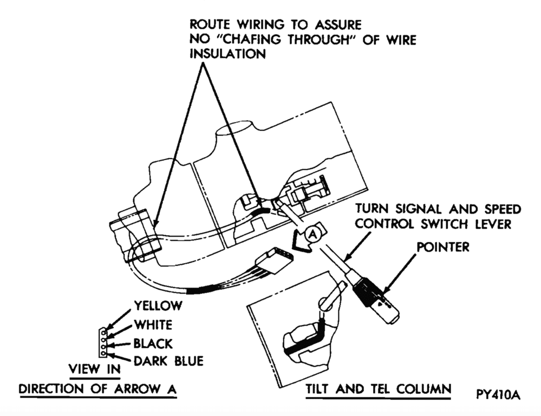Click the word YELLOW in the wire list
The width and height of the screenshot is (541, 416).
(158, 305)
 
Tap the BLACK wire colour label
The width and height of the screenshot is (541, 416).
(153, 343)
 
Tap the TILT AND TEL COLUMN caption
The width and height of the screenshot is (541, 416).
(377, 389)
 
